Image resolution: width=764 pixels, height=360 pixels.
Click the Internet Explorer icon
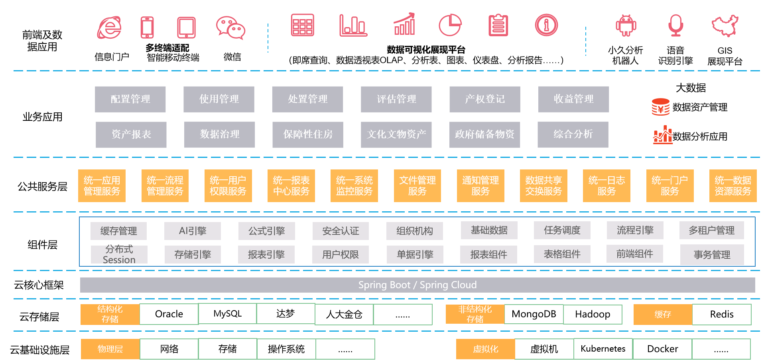click(x=109, y=28)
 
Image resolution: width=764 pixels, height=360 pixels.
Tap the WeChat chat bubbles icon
click(x=230, y=28)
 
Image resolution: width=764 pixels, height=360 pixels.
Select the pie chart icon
click(x=450, y=25)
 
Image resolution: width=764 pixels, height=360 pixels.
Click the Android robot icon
click(x=626, y=26)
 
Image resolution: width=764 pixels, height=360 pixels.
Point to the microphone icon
click(x=676, y=25)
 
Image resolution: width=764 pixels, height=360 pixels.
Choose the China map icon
click(x=725, y=26)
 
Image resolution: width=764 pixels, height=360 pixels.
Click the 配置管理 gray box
click(x=130, y=99)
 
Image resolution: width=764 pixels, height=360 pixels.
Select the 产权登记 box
click(x=484, y=99)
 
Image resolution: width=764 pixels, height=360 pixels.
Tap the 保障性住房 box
click(x=307, y=135)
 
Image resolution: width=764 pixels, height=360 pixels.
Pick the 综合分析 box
click(x=573, y=135)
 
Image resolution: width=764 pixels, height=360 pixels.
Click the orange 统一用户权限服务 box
click(x=228, y=186)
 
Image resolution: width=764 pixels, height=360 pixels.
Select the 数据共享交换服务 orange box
click(x=543, y=186)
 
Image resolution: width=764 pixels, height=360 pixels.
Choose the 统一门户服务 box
click(x=670, y=186)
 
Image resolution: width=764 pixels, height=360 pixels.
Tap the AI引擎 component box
click(x=193, y=231)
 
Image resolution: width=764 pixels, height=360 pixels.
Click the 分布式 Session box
click(x=119, y=254)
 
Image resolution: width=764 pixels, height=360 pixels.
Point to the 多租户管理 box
click(x=712, y=230)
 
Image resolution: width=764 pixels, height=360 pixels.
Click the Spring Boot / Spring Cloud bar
click(x=417, y=285)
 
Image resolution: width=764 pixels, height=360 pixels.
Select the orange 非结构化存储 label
click(x=475, y=314)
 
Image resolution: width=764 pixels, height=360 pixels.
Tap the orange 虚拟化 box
click(x=485, y=349)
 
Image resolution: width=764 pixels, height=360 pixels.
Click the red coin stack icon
click(x=661, y=107)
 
